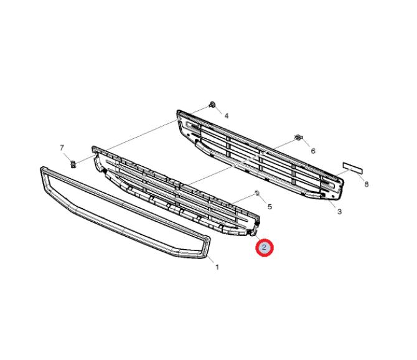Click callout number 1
pos(217,267)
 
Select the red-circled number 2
pos(265,248)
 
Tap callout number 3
pos(339,212)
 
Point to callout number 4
pos(227,116)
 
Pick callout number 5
pos(269,207)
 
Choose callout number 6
pos(313,151)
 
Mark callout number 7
pos(62,148)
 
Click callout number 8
pos(367,184)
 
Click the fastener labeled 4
pos(212,104)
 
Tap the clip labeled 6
pos(298,138)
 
